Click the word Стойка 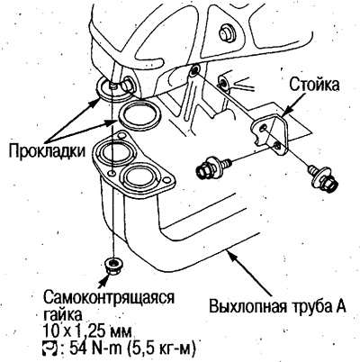314,85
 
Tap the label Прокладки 47,151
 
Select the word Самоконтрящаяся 109,298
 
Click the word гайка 62,315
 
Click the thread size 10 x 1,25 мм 87,332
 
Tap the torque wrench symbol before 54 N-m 49,348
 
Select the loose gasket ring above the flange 139,115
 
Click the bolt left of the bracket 213,167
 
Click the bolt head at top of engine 226,32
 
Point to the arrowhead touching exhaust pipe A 229,255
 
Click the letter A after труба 340,306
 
